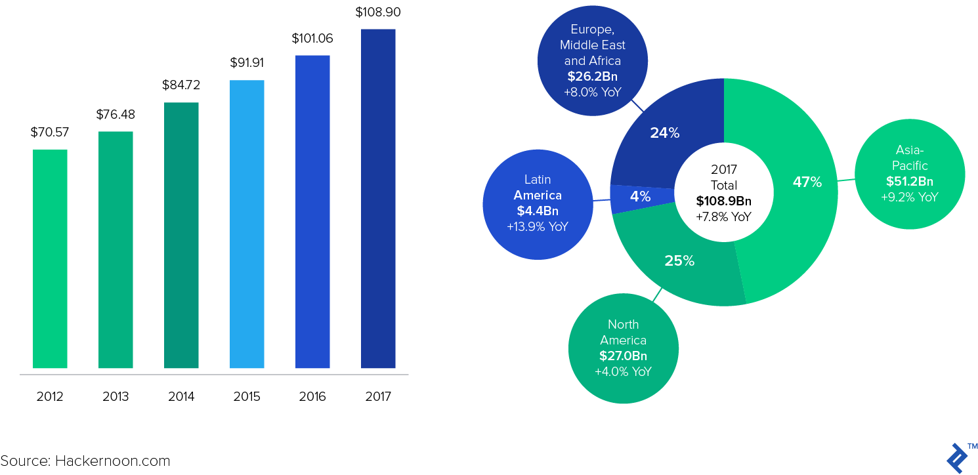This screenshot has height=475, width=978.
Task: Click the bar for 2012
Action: point(50,258)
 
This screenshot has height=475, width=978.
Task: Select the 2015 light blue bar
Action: point(247,224)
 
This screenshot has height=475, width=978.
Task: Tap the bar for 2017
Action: point(378,198)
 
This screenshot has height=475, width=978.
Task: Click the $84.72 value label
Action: point(181,85)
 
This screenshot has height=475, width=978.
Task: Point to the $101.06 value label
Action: point(312,38)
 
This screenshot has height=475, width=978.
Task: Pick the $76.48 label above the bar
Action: point(116,114)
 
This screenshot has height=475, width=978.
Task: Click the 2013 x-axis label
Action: point(116,397)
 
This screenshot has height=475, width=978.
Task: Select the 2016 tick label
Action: point(312,397)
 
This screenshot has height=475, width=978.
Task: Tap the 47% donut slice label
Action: point(807,182)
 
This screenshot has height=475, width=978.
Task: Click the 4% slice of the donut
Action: point(640,196)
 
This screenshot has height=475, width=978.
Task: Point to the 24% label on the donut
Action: point(664,133)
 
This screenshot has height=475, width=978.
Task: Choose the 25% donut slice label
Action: point(679,260)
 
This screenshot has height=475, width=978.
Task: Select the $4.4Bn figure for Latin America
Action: point(538,211)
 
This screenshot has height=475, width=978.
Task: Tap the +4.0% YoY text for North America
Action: point(623,372)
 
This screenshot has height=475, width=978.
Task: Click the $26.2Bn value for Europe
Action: point(593,76)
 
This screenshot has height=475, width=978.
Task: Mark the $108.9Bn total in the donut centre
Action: point(724,201)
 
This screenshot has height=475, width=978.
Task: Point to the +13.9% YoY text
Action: point(538,226)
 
